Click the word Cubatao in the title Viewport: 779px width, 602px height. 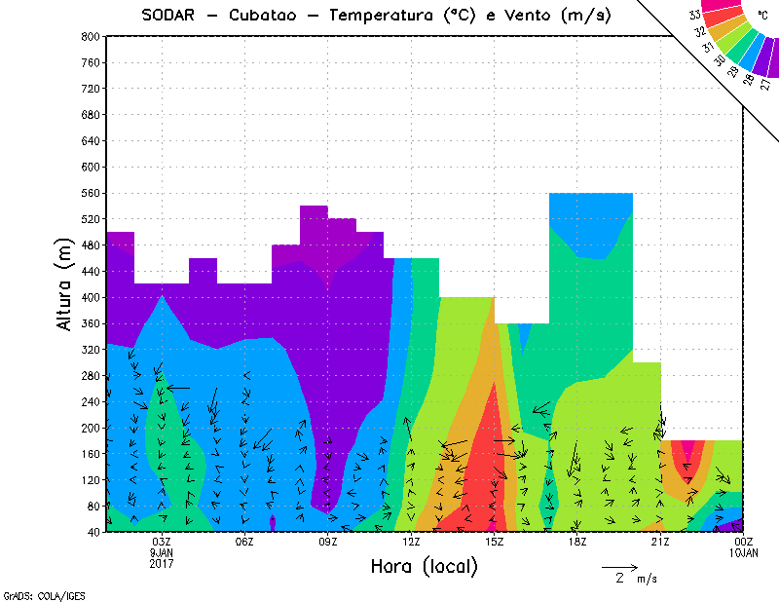(x=272, y=15)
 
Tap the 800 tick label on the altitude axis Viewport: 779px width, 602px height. (x=90, y=36)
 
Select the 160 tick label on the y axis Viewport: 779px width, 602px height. (x=90, y=454)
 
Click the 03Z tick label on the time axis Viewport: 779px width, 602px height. (x=162, y=542)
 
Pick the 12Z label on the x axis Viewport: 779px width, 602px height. (x=411, y=542)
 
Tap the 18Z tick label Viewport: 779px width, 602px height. (x=577, y=542)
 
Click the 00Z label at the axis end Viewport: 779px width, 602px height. (x=743, y=542)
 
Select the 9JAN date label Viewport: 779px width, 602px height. (x=162, y=551)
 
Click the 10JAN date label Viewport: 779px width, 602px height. (x=743, y=552)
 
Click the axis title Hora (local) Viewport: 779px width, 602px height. (x=424, y=566)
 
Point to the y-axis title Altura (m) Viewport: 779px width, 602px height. (x=64, y=282)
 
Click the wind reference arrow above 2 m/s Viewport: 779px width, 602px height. (x=619, y=566)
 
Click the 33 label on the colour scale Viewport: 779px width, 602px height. (x=694, y=15)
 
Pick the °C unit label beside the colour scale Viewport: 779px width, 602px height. (x=760, y=14)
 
